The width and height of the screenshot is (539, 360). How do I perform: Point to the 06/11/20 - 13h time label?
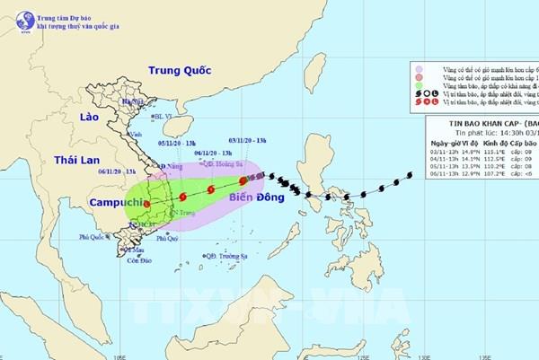[114, 171]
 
